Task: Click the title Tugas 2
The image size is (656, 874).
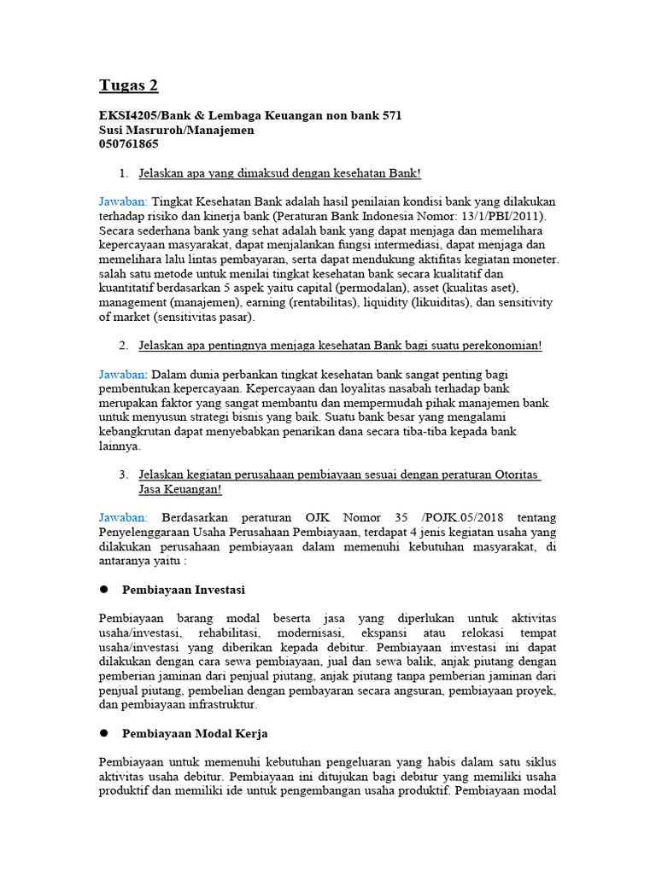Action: click(x=128, y=86)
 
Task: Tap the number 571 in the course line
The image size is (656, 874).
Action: click(x=390, y=115)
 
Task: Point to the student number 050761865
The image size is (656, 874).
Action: click(x=129, y=144)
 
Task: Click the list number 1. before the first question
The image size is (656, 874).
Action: click(x=124, y=173)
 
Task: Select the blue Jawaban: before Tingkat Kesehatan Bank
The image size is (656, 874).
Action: click(x=123, y=202)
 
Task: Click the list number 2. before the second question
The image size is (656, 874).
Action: click(x=124, y=346)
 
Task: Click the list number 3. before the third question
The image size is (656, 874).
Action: click(x=124, y=475)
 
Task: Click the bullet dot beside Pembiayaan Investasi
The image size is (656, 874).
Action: click(x=104, y=590)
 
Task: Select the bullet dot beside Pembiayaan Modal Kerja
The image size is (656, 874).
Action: click(x=104, y=733)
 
